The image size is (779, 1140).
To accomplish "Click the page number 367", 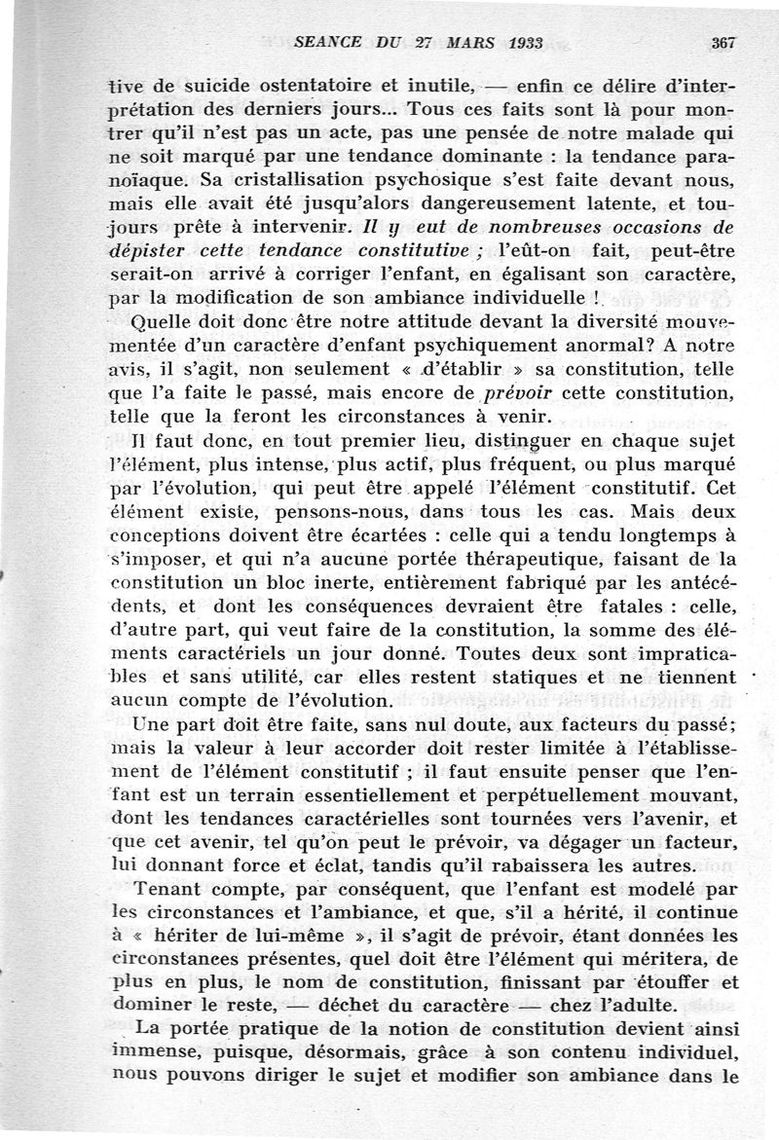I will [x=723, y=43].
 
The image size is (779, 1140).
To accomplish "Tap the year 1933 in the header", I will [x=515, y=43].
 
